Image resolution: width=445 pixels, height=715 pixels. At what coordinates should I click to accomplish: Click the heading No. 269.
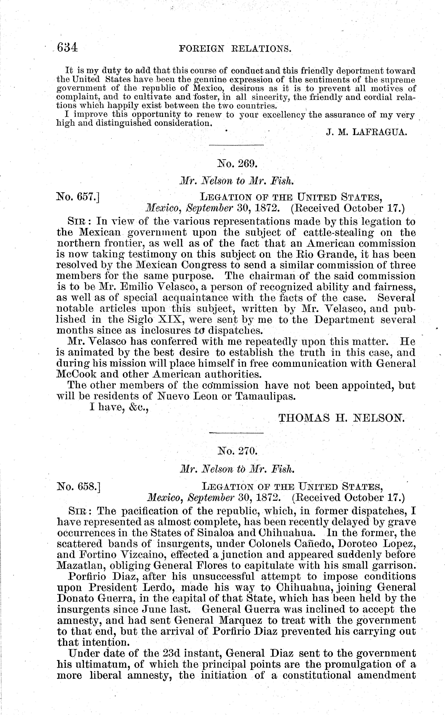click(x=237, y=163)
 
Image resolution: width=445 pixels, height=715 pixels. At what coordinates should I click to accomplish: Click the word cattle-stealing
click(x=338, y=232)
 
